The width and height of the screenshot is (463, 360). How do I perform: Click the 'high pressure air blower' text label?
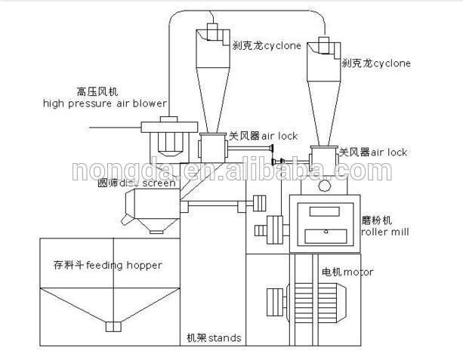point(118,103)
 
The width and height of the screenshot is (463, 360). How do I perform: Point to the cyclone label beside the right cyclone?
point(375,64)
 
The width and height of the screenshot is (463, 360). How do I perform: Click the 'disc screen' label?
point(156,183)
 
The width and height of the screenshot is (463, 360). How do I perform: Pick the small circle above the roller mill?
point(325,185)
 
